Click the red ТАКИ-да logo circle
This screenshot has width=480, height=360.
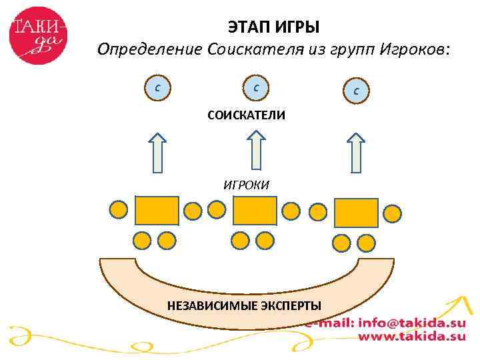coord(38,35)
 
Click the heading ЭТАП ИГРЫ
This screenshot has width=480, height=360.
coord(273,28)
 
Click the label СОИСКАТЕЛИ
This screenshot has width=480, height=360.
coord(246,116)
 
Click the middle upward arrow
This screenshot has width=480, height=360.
coord(256,149)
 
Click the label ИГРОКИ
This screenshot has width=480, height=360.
coord(246,185)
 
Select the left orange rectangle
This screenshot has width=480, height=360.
coord(157,210)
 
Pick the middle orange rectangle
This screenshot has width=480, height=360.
coord(255,211)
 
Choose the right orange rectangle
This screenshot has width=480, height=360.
coord(356,213)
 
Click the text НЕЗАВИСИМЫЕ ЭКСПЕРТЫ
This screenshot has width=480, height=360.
coord(244,306)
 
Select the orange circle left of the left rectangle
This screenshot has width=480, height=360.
coord(118,210)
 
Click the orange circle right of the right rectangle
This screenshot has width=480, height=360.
coord(393,213)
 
